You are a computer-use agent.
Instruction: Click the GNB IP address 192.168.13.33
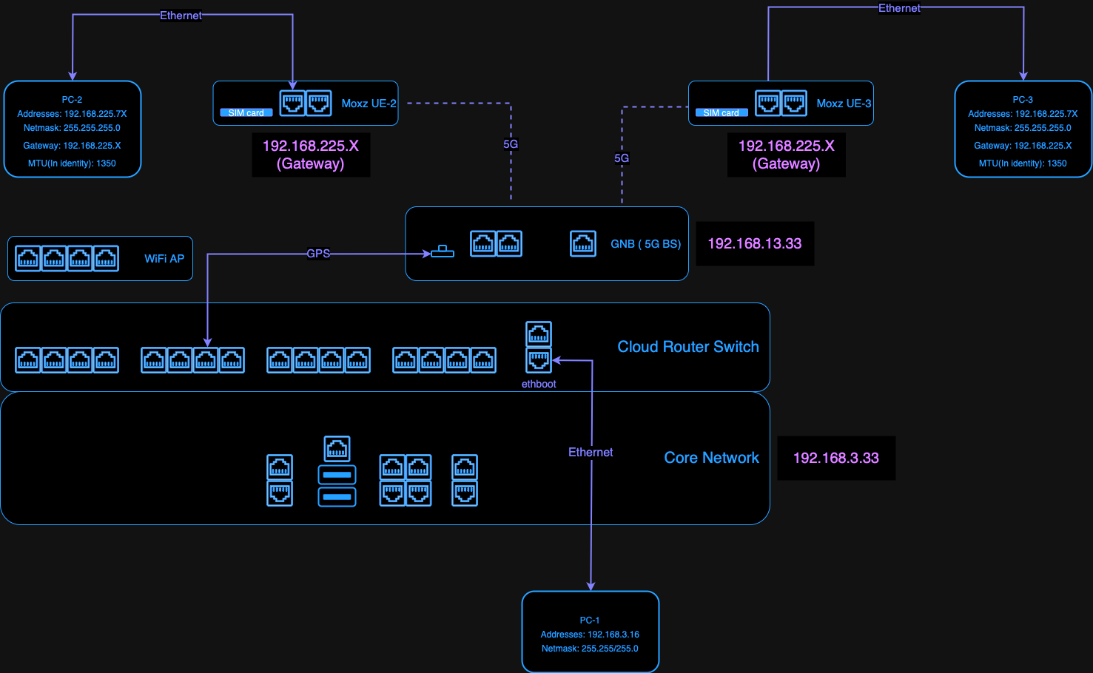click(x=754, y=244)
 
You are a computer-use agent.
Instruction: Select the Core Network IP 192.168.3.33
click(x=835, y=459)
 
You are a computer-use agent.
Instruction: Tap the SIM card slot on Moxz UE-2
click(x=246, y=113)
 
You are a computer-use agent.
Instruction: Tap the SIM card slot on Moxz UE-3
click(x=722, y=113)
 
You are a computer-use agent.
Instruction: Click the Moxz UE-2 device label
click(x=369, y=104)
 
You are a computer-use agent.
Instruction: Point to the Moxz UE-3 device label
click(x=844, y=104)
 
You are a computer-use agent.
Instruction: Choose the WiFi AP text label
click(x=164, y=259)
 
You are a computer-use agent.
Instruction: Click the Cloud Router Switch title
click(x=687, y=347)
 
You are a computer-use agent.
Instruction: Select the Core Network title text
click(x=711, y=458)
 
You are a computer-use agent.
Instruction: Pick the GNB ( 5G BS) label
click(x=645, y=244)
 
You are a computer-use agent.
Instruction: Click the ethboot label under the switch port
click(x=539, y=384)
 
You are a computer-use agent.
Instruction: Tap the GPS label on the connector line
click(x=318, y=254)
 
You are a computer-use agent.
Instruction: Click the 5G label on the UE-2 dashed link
click(x=511, y=144)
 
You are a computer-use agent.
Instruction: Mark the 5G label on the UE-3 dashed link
click(x=622, y=158)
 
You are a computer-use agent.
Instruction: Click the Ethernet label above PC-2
click(x=181, y=16)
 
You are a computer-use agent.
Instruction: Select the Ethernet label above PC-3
click(x=899, y=8)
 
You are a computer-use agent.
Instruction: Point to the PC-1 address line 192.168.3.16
click(x=590, y=635)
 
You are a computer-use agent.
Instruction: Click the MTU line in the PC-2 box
click(x=72, y=163)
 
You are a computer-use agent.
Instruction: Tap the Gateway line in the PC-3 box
click(x=1023, y=146)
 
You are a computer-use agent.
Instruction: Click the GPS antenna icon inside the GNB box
click(x=443, y=252)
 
